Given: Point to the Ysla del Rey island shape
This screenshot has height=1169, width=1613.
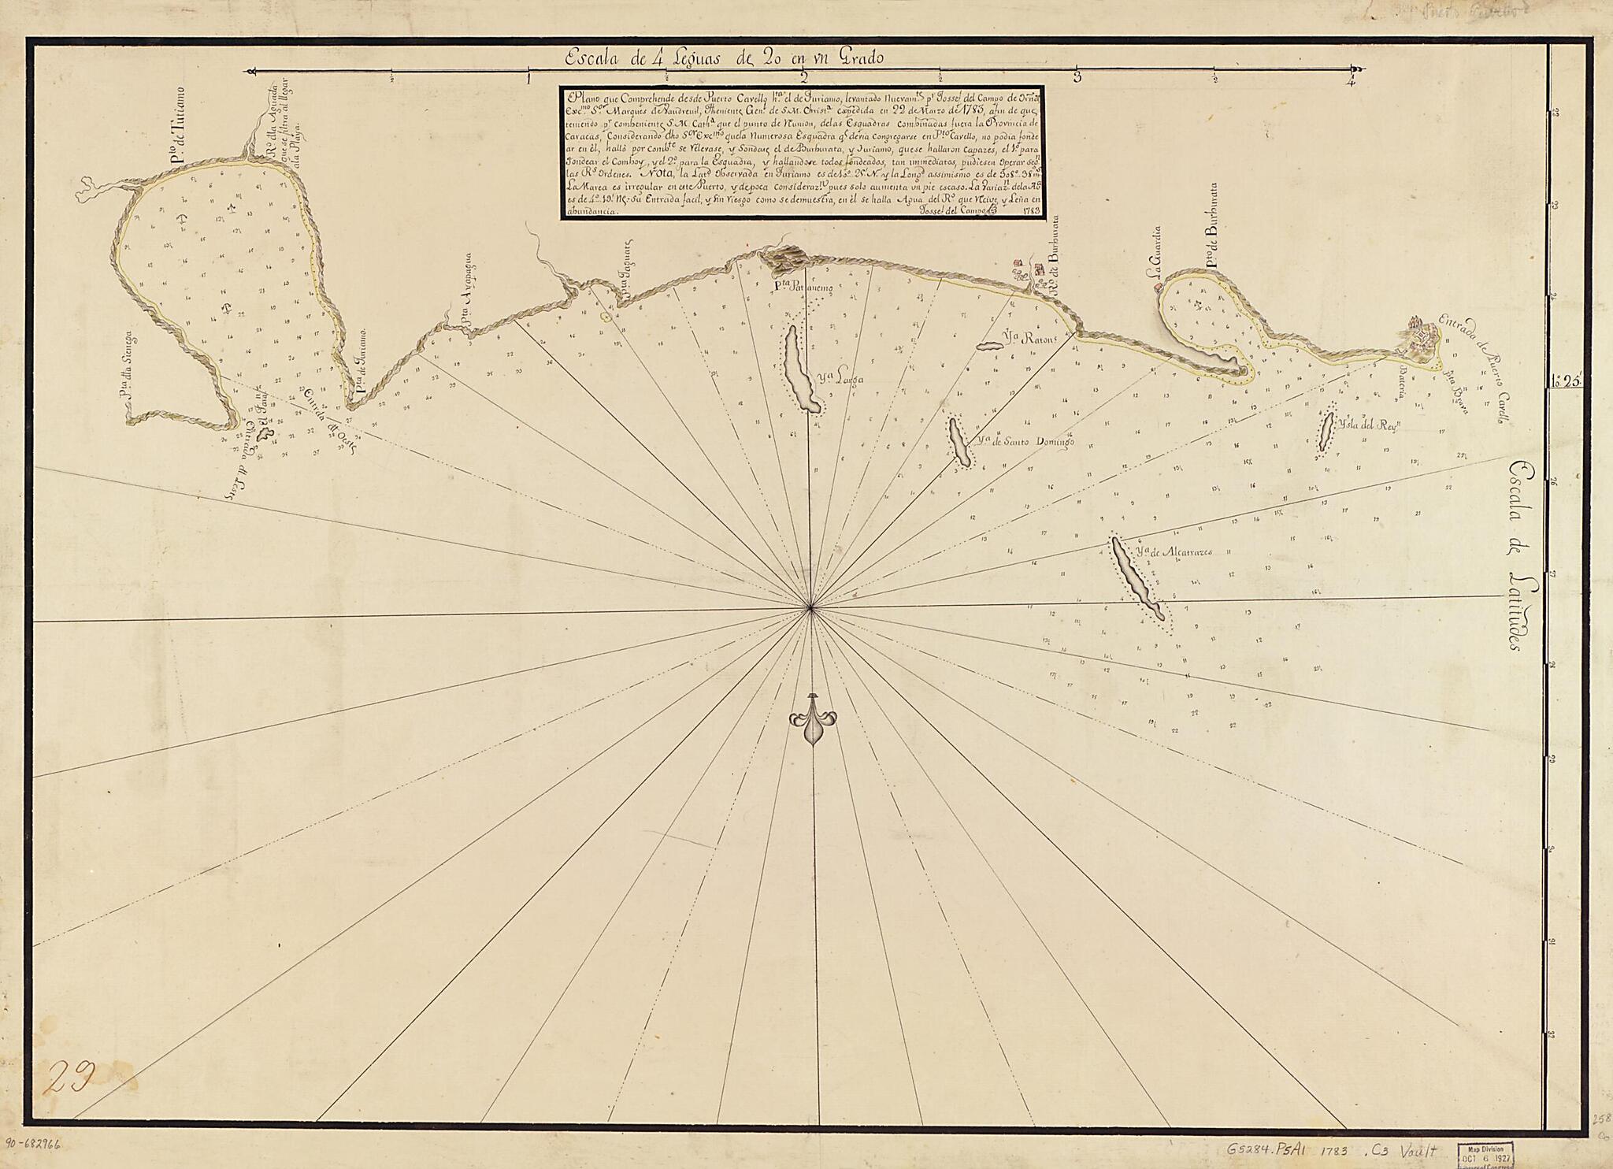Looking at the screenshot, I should point(1326,429).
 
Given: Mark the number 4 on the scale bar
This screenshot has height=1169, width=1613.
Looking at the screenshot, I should point(1352,80).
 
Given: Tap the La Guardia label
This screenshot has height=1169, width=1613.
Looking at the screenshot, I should point(1155,253).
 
